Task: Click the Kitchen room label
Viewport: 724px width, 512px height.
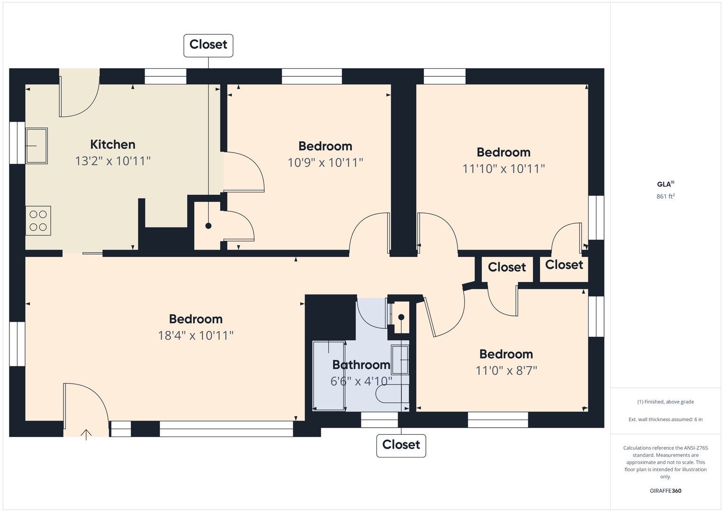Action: point(112,145)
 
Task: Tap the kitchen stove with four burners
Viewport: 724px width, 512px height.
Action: point(38,220)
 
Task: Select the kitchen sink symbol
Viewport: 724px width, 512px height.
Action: point(37,146)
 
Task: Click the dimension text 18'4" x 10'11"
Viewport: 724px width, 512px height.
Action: point(195,336)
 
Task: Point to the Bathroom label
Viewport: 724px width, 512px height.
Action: point(361,365)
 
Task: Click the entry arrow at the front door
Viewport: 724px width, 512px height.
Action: point(86,435)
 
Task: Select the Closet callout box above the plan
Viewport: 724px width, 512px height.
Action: point(208,46)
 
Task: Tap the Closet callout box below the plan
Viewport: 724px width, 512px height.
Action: point(401,446)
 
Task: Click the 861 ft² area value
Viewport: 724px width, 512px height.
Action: point(666,196)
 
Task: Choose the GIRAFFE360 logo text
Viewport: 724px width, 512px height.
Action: point(666,491)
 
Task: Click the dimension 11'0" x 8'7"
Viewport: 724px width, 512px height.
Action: point(506,370)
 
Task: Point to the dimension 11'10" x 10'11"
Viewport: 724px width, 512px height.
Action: point(504,169)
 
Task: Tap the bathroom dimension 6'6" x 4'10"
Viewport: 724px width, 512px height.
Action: point(361,381)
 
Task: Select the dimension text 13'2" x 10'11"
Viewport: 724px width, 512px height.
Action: point(113,161)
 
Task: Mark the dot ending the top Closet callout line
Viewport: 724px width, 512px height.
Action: point(208,226)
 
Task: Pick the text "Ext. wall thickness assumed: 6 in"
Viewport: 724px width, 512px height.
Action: point(666,419)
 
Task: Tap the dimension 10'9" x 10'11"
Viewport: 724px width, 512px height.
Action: point(325,163)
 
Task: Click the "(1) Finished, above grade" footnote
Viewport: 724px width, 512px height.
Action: point(666,402)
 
